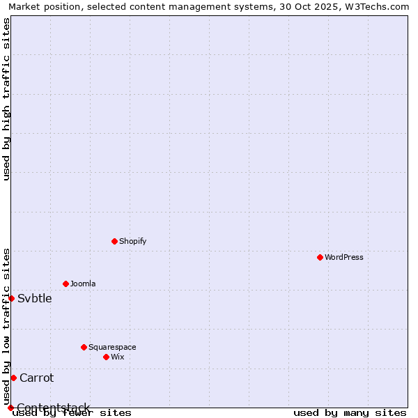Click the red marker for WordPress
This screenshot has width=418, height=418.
tap(320, 257)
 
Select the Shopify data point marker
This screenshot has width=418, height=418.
tap(114, 241)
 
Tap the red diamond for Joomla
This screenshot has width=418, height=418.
tap(65, 284)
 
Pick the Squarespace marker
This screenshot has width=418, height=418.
tap(84, 347)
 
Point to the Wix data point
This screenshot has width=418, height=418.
tap(106, 357)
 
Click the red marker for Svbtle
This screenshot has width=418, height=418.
tap(11, 298)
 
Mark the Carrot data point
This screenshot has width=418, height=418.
tap(13, 378)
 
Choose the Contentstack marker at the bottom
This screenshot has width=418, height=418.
tap(10, 408)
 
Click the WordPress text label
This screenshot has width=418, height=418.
tap(344, 257)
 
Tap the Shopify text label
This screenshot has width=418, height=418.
tap(132, 241)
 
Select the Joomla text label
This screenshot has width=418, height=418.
tap(83, 284)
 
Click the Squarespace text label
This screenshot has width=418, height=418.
tap(112, 347)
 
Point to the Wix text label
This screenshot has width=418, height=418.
tap(117, 357)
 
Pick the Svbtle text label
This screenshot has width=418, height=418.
tap(35, 299)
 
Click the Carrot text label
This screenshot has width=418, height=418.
tap(36, 378)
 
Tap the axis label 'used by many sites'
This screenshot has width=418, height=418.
tap(350, 412)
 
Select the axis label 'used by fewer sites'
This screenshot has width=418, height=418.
tap(72, 412)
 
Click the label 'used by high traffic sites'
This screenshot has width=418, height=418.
tap(6, 99)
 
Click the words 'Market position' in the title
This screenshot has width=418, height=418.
tap(39, 6)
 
